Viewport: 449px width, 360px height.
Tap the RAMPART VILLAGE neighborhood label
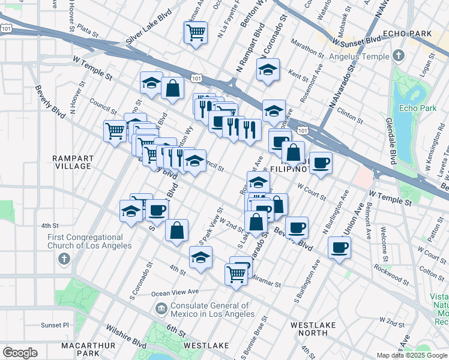tap(73, 162)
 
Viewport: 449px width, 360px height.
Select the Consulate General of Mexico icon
tap(161, 309)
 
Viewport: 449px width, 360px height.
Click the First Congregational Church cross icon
tap(64, 260)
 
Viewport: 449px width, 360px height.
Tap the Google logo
tap(20, 353)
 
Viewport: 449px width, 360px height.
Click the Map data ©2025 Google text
tap(412, 355)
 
